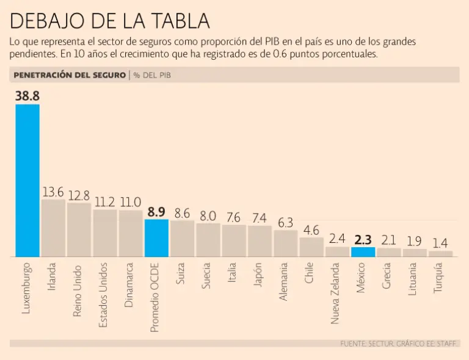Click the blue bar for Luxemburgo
(x=27, y=180)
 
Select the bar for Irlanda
(x=53, y=228)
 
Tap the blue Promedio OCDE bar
(x=156, y=238)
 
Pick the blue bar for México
(x=363, y=251)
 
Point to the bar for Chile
(x=311, y=247)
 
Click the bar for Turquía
(x=440, y=253)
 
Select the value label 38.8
(x=27, y=96)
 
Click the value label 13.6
(x=53, y=192)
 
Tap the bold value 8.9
(x=156, y=212)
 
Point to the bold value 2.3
(x=363, y=239)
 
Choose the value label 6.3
(x=285, y=223)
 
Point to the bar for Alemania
(x=285, y=243)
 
